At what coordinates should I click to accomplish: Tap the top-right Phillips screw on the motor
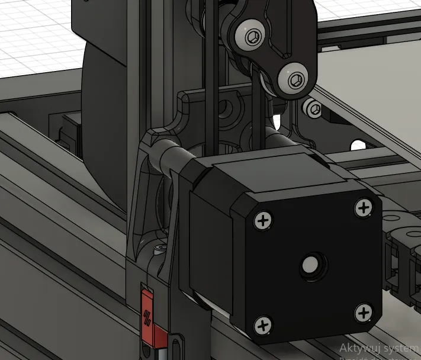click(363, 207)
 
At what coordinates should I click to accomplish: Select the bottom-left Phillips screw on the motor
click(263, 324)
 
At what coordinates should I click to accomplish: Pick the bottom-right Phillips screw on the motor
click(364, 311)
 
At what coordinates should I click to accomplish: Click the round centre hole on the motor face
click(310, 265)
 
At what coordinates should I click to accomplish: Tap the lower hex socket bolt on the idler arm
click(297, 79)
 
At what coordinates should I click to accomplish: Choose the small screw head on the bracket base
click(160, 247)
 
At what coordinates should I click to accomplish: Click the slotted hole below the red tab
click(175, 343)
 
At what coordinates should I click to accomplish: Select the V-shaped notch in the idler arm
click(265, 63)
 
